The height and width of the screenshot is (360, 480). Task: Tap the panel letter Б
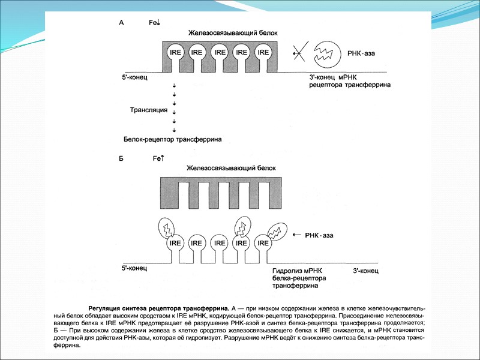122,158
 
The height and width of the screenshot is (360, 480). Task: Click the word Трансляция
148,111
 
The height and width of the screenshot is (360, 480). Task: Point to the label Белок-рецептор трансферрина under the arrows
173,139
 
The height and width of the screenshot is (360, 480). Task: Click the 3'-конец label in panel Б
365,271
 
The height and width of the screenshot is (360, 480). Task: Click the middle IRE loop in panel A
220,53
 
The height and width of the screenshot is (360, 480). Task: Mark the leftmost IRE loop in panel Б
175,244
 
